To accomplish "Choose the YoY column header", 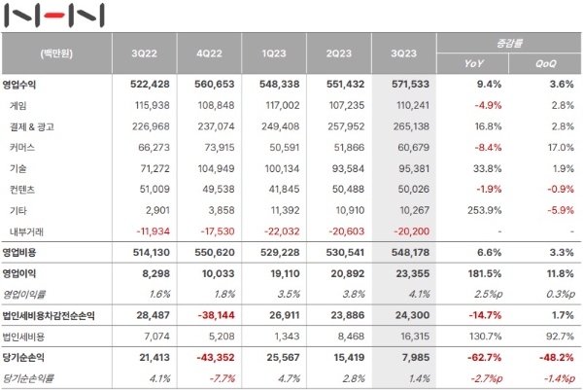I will point(476,64).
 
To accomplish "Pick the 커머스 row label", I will point(23,147).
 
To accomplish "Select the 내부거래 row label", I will point(27,230).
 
